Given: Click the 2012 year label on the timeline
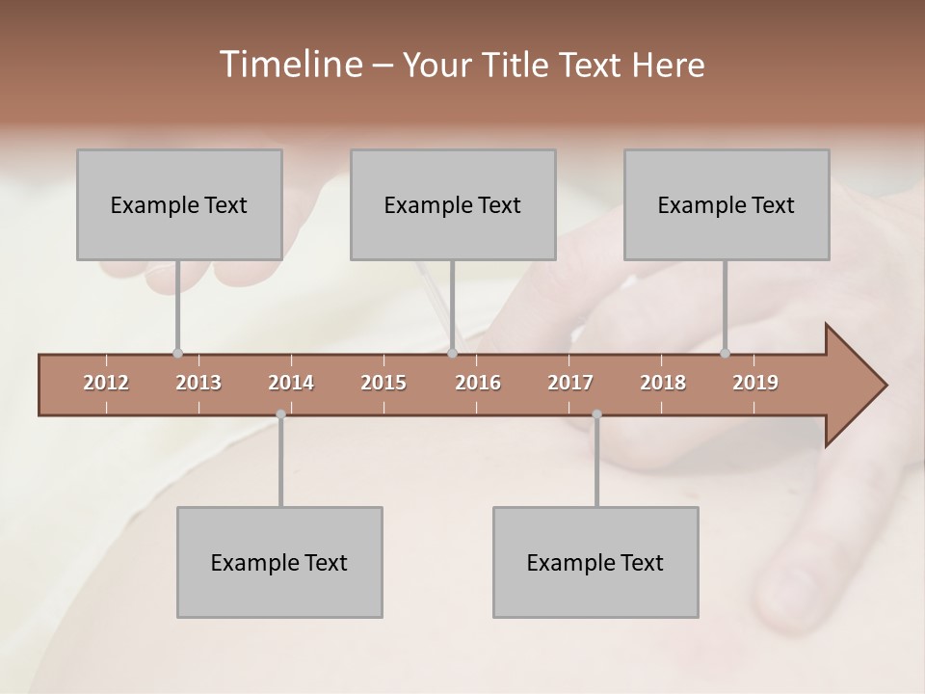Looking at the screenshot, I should tap(106, 383).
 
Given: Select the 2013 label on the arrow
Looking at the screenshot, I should tap(198, 383).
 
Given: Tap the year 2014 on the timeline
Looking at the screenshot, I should tap(291, 383).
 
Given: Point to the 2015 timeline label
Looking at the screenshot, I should tap(383, 383).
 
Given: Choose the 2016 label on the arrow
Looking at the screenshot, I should tap(478, 383).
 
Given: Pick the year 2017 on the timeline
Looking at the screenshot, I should tap(570, 383).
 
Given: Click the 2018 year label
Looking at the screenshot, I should tap(663, 383).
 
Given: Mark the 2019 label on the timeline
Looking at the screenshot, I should tap(755, 383).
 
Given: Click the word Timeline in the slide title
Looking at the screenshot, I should tap(289, 65).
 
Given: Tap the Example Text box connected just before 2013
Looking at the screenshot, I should tap(179, 204).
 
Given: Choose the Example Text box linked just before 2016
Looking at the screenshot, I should tap(453, 204).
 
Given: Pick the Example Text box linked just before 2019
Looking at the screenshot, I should tap(727, 204).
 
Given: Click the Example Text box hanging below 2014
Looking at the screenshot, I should tap(279, 562).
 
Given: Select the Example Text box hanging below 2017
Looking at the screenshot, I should tap(595, 562).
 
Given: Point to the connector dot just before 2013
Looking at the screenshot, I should tap(177, 353).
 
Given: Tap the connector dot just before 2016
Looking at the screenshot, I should tap(452, 353).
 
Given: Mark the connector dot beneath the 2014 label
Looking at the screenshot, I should tap(280, 414).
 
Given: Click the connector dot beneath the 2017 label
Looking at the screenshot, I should tap(596, 414).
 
